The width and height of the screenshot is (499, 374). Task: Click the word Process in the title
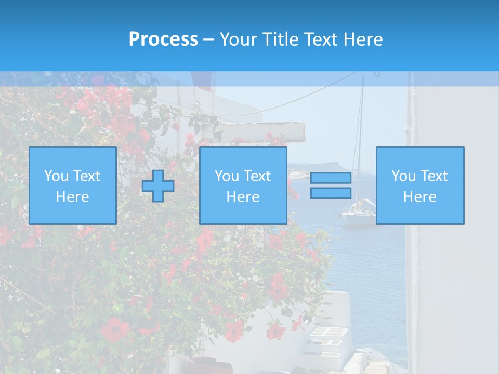coord(163,39)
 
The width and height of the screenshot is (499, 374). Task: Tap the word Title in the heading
coord(282,39)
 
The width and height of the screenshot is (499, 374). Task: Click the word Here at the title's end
coord(365,39)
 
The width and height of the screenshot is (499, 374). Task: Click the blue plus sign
coord(158,186)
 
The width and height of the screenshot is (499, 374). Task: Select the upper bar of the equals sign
coord(331,178)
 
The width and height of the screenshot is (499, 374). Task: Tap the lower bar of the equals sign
coord(331,193)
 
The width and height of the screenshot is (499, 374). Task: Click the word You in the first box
coord(55,176)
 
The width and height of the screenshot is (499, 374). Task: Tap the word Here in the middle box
coord(243,197)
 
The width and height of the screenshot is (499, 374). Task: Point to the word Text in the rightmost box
coord(434,176)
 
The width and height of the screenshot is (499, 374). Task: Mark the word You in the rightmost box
coord(402,176)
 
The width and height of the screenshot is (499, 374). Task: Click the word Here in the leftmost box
coord(73,197)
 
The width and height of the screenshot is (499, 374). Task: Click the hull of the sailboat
coord(358,219)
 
